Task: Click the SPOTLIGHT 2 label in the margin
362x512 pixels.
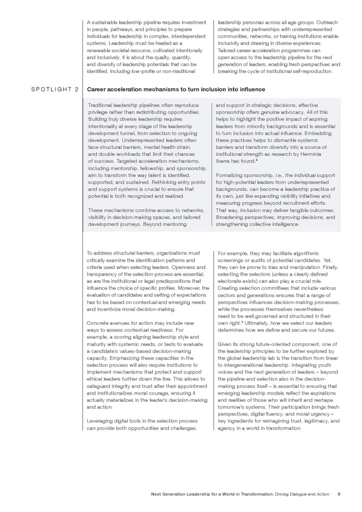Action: coord(55,89)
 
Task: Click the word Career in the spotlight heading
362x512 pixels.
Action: coord(97,89)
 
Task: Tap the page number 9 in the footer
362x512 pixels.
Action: coord(338,494)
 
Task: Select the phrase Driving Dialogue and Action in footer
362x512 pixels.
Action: coord(302,494)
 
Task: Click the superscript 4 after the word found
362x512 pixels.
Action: coord(257,160)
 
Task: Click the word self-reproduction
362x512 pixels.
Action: coord(315,71)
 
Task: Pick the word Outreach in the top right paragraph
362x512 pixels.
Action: coord(327,22)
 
